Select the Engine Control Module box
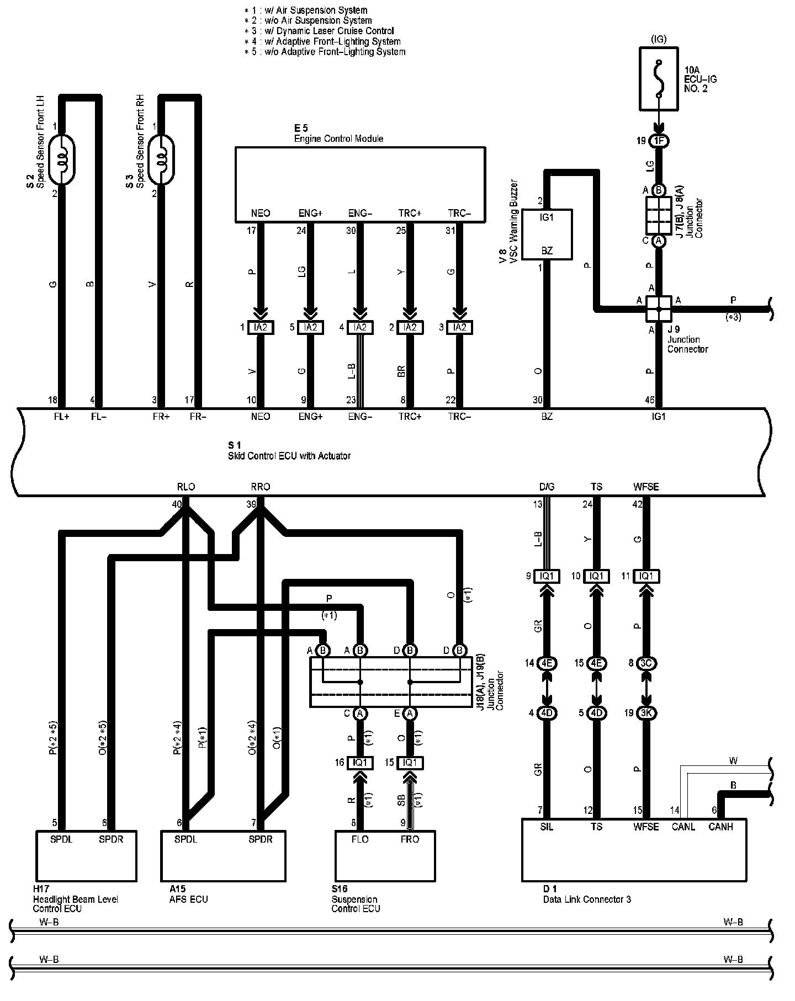(360, 184)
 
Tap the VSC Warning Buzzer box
(547, 234)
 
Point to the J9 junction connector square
(659, 308)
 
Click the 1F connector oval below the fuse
(659, 141)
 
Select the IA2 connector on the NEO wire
(261, 327)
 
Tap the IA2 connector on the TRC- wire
(459, 327)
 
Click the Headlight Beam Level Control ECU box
(86, 855)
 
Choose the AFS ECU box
(224, 855)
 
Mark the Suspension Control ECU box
(385, 855)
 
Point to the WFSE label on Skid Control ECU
(646, 487)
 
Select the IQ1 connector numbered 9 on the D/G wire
(547, 577)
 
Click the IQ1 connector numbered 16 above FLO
(360, 763)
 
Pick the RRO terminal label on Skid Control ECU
(261, 487)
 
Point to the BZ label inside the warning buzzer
(547, 251)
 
